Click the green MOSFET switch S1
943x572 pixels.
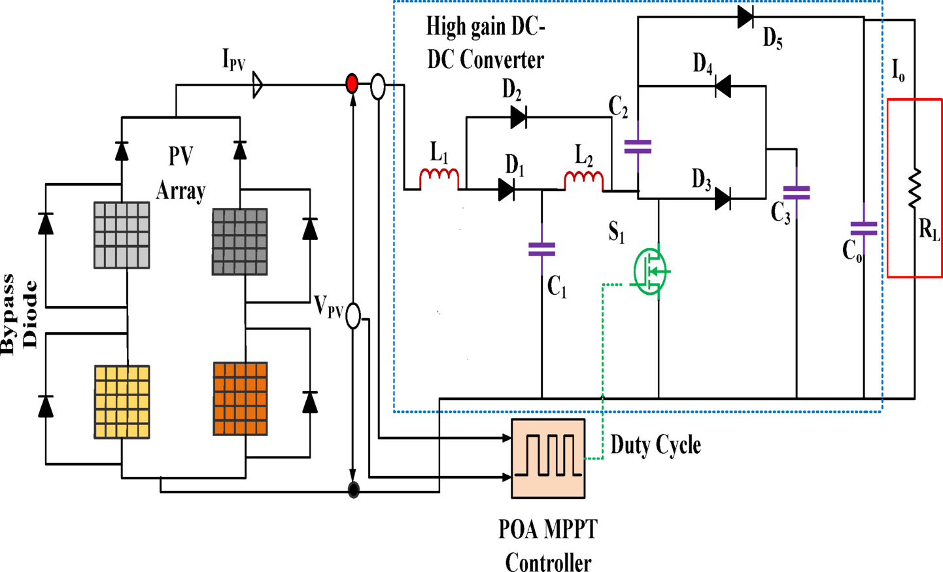(651, 271)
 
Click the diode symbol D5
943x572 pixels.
(745, 17)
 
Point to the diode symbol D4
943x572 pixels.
(723, 86)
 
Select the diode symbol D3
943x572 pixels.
(723, 198)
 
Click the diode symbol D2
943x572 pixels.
(519, 118)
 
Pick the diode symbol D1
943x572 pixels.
(506, 190)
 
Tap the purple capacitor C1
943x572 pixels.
(541, 249)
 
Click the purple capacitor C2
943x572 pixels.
(638, 146)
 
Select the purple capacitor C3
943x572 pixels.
(797, 192)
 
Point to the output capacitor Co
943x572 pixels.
(864, 228)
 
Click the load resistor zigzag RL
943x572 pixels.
(914, 188)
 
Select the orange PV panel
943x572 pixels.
(240, 399)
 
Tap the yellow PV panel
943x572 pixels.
(122, 401)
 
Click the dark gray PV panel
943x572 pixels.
(239, 241)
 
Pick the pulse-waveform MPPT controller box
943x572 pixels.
(548, 458)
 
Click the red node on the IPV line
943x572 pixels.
(352, 84)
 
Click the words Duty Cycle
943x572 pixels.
(655, 445)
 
